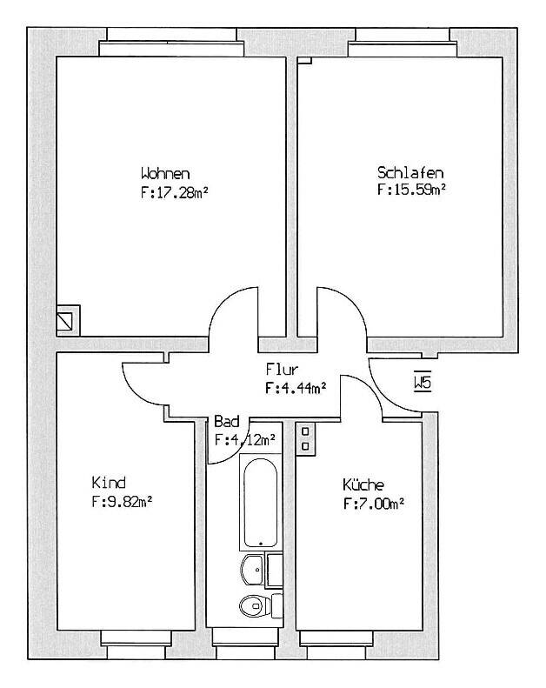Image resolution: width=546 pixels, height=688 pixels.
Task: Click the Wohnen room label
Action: [164, 171]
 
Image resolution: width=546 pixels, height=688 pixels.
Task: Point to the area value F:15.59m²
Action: [411, 188]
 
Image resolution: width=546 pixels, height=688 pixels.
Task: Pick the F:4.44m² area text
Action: [296, 389]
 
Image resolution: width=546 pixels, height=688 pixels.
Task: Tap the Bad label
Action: [225, 422]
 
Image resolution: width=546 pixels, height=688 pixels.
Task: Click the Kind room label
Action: [109, 483]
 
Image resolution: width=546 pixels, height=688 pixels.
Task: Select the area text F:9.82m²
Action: [123, 501]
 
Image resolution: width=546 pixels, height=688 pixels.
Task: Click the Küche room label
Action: [363, 484]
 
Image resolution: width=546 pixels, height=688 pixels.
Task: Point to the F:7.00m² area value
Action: [374, 503]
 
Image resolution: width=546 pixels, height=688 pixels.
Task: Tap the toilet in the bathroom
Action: [252, 605]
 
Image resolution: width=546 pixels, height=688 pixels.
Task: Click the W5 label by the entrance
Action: [423, 383]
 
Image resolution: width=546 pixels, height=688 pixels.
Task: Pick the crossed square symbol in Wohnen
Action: [67, 320]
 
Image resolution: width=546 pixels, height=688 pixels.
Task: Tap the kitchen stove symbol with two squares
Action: [306, 438]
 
